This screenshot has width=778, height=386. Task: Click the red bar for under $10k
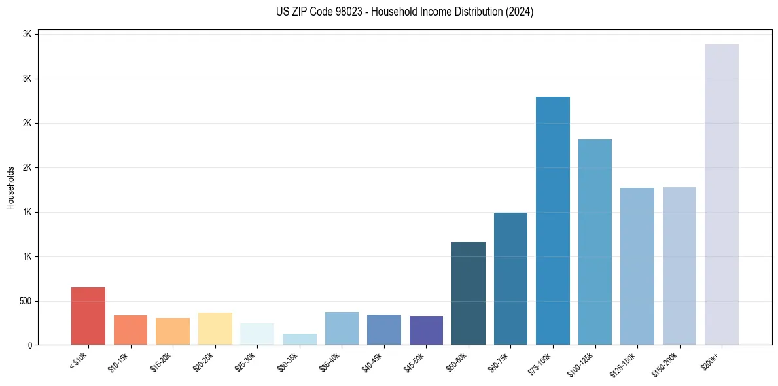(88, 316)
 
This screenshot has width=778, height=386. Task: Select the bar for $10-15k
(130, 330)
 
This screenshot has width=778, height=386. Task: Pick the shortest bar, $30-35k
(299, 340)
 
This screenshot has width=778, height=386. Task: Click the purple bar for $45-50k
(426, 330)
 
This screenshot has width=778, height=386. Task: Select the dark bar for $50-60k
(469, 294)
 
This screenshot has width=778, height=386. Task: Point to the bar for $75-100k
(553, 221)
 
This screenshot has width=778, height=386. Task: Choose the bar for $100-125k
(595, 242)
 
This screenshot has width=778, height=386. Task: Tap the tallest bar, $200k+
(722, 195)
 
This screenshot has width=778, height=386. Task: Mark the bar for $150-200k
(679, 266)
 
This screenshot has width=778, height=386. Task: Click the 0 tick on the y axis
(30, 345)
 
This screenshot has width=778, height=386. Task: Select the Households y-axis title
(10, 188)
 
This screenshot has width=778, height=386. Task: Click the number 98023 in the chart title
(341, 12)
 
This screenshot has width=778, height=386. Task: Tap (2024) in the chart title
(520, 12)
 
